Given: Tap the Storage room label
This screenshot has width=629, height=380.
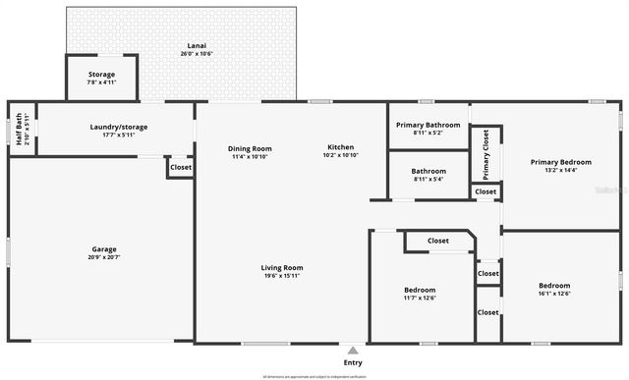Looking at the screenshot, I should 101,75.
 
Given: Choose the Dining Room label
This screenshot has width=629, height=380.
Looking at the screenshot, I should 251,148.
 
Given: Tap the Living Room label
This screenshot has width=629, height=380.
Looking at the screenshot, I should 281,268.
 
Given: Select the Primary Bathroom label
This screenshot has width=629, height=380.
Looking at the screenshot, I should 428,125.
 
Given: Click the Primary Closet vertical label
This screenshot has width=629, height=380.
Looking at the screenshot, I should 486,155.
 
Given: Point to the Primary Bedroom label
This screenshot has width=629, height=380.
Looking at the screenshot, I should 561,162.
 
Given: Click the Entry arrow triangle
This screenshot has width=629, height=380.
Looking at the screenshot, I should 353,350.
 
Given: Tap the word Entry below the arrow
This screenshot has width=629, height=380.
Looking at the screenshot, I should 353,363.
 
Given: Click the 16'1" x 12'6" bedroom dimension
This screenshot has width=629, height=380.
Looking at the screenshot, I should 554,293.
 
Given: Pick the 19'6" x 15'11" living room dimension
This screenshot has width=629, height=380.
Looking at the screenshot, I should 281,276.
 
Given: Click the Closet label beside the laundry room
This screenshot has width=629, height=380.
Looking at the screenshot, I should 181,168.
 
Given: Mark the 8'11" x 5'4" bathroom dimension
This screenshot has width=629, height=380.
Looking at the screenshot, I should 428,179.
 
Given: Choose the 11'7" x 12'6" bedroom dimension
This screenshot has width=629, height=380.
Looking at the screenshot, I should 420,298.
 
